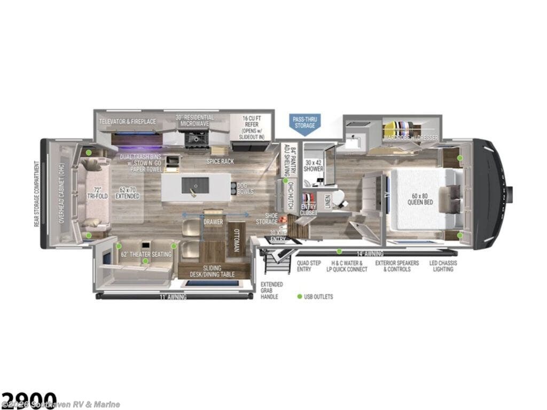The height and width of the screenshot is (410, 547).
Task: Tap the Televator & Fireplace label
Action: tap(128, 122)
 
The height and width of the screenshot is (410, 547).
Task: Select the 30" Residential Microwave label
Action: tap(194, 120)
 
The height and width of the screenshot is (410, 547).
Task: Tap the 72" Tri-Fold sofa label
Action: tap(97, 193)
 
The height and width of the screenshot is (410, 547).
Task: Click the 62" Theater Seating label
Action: tap(146, 254)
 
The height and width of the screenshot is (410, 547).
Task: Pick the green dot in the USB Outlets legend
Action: tap(300, 296)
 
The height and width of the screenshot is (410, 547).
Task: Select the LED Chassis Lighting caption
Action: tap(443, 266)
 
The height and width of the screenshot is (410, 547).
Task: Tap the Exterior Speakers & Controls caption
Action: tap(396, 266)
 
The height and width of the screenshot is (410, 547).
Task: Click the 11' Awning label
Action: tap(172, 296)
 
